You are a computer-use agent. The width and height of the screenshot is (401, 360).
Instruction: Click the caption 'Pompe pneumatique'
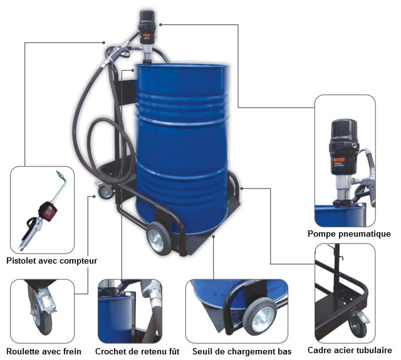pos(349,234)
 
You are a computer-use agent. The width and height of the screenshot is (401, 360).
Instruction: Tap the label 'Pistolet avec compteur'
pos(51,260)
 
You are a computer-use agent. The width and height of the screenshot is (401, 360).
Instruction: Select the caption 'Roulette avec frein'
pos(44,351)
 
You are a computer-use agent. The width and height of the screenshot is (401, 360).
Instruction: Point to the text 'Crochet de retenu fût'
pos(137,351)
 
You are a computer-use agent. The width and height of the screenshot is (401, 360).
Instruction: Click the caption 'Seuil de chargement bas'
pos(242,351)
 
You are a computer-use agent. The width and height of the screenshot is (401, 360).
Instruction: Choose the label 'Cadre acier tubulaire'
pos(350,350)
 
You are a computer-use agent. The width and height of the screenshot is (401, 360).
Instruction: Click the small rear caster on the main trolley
pos(106,192)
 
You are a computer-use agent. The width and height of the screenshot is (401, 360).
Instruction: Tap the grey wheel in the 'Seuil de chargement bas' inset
pos(259,316)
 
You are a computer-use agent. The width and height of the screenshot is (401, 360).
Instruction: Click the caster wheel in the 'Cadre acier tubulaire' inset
pos(358,327)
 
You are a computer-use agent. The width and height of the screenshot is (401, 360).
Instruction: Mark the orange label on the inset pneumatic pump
pos(340,160)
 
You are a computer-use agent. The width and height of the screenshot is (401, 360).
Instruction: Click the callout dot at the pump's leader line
pos(160,24)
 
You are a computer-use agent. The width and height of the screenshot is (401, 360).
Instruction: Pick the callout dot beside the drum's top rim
pos(133,69)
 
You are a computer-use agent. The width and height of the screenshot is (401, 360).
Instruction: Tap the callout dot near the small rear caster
pos(94,196)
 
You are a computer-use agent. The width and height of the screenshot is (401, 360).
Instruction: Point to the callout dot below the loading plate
pos(214,237)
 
